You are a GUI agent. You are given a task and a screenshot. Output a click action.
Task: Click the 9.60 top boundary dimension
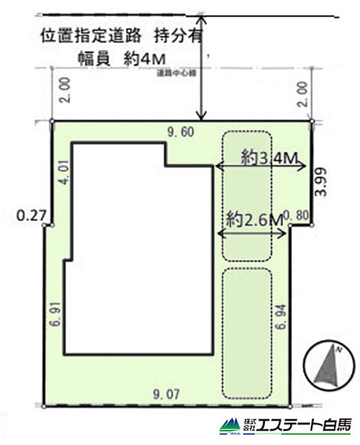(x=179, y=132)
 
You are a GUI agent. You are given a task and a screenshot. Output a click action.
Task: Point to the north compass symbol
(x=328, y=367)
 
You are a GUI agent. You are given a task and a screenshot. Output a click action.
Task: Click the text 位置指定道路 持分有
(x=121, y=36)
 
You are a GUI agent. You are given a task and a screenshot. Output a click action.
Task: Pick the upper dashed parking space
(x=247, y=196)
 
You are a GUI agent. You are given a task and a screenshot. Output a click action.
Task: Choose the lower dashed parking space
(x=247, y=333)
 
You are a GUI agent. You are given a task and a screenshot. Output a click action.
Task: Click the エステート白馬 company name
(x=304, y=425)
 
